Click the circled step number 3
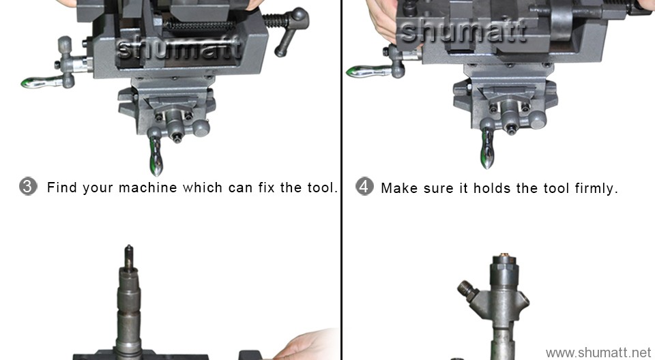[28, 187]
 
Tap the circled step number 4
[365, 187]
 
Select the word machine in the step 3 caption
[147, 187]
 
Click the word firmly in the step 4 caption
[596, 188]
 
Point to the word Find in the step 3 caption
[62, 187]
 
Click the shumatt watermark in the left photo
[179, 48]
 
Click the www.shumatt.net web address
[598, 352]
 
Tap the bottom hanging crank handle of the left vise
[156, 156]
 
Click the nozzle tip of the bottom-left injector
[128, 252]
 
